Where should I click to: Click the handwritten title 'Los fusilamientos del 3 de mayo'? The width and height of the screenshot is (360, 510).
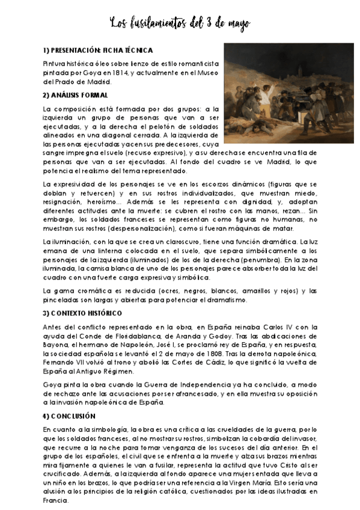tap(180, 23)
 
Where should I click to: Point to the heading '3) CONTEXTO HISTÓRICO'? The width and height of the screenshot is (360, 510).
tap(82, 313)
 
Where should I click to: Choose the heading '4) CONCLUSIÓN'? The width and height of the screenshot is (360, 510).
tap(69, 416)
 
